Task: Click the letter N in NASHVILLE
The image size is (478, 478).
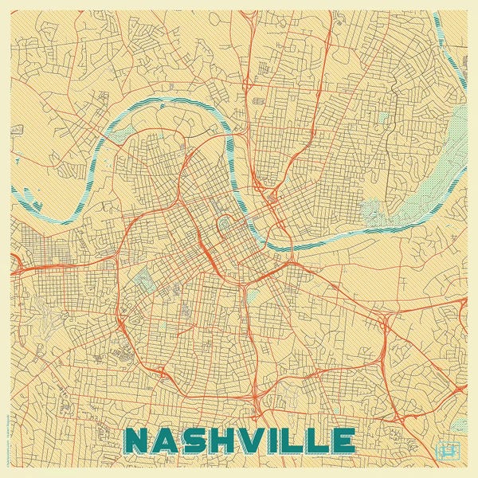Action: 139,440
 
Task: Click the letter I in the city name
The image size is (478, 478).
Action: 278,440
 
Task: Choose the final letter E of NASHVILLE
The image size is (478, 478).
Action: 343,440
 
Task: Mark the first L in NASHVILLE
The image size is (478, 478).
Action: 296,440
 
